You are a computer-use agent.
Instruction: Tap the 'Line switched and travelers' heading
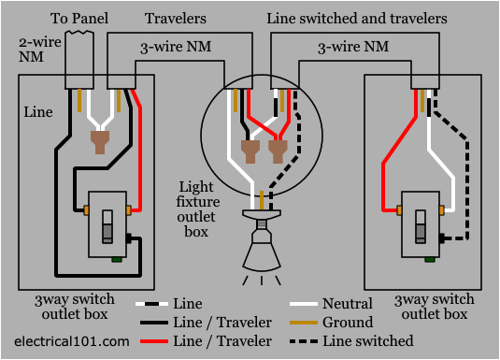coord(356,18)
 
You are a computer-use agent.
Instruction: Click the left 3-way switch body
coord(107,224)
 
